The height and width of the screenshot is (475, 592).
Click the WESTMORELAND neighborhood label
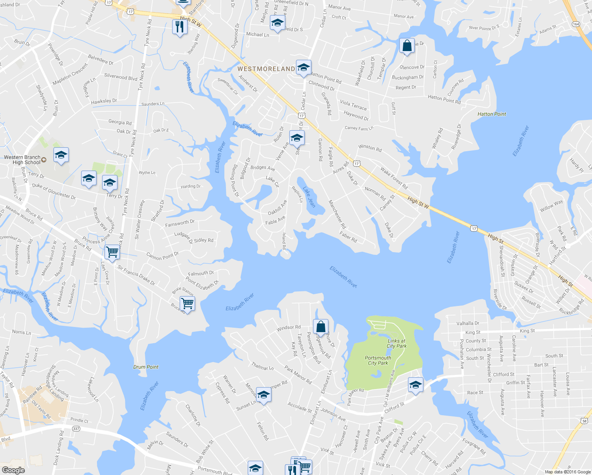tap(266, 69)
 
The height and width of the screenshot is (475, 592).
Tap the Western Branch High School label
tap(22, 160)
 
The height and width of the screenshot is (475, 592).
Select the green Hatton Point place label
tap(491, 114)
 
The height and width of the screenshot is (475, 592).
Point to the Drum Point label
tap(146, 367)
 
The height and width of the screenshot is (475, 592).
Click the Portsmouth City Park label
tap(378, 360)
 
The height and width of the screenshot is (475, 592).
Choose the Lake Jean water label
tap(309, 197)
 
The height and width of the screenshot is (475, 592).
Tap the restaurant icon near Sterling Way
tap(180, 27)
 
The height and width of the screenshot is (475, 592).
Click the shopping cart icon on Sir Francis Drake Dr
tap(112, 251)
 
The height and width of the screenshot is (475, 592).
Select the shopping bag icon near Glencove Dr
tap(407, 46)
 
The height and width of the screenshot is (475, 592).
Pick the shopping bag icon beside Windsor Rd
tap(321, 327)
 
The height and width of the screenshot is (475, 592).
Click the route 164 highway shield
tap(576, 24)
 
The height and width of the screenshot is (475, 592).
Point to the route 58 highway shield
tap(584, 421)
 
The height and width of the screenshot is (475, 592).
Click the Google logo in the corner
tap(13, 470)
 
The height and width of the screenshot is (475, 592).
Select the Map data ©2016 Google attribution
tap(567, 472)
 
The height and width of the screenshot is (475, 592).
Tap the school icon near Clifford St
tap(416, 385)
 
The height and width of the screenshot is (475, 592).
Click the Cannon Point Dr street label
tap(162, 256)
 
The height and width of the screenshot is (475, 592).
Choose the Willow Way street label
tap(551, 206)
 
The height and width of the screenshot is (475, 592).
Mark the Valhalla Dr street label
tap(467, 323)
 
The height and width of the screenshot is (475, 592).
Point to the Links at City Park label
tap(397, 343)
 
